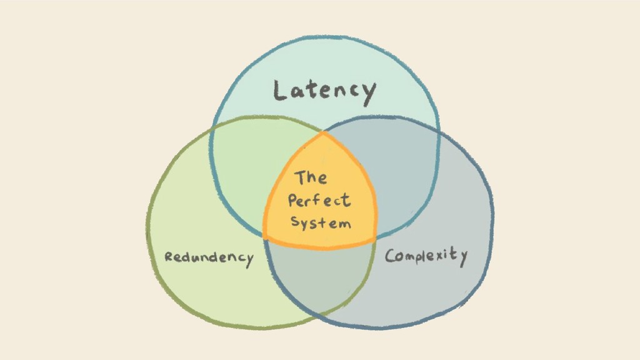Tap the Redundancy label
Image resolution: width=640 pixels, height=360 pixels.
(x=209, y=257)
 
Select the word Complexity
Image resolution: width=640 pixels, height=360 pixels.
(x=426, y=256)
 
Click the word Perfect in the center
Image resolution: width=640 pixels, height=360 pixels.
(x=319, y=201)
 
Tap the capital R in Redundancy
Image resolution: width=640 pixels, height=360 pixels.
(x=168, y=256)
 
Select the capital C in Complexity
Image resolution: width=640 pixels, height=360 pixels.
(x=391, y=256)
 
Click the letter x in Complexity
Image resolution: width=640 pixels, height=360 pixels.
(x=442, y=256)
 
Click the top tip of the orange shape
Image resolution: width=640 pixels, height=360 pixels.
(x=323, y=133)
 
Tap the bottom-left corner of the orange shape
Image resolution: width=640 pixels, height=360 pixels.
(x=265, y=238)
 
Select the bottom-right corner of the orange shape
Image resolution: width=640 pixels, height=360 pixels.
(x=375, y=241)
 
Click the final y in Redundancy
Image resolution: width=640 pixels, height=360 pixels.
(x=249, y=260)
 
